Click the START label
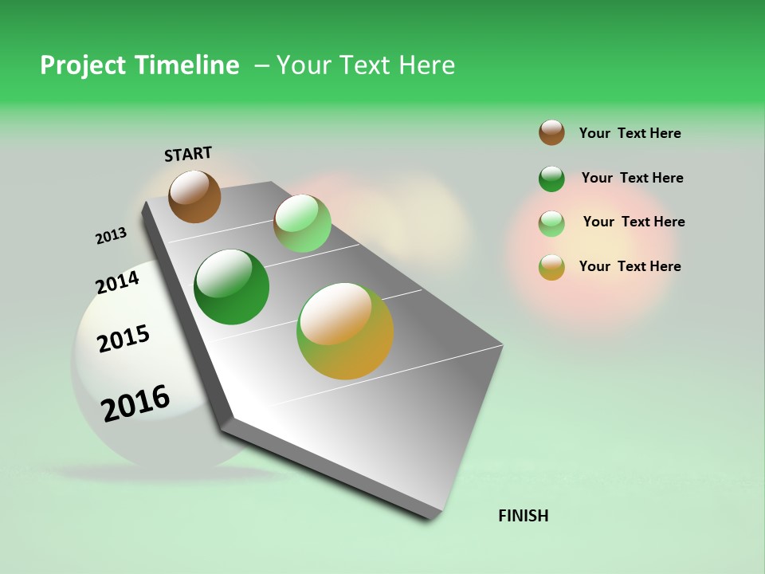point(188,154)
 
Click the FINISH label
point(524,516)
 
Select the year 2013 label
point(111,236)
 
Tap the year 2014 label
point(117,283)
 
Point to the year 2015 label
point(124,339)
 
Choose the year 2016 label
point(135,403)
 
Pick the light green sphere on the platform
point(302,223)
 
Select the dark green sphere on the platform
point(232,287)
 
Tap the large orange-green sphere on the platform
point(345,331)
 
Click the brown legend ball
point(551,132)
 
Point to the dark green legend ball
point(551,179)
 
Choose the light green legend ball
point(551,223)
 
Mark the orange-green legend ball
point(551,267)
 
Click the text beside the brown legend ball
point(630,133)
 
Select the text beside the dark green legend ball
point(632,178)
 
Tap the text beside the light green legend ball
point(634,222)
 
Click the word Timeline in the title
point(187,65)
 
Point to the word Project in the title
point(80,65)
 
